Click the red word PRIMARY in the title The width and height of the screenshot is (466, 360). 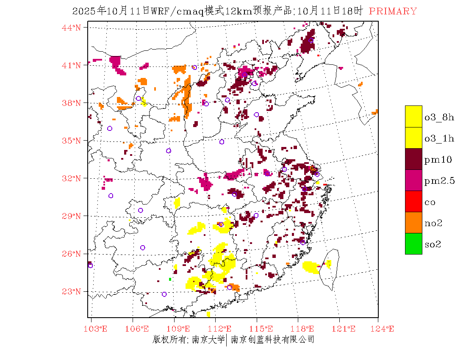(x=393, y=11)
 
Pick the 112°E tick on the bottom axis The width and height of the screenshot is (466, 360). (x=222, y=329)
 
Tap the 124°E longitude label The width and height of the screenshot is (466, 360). (x=384, y=329)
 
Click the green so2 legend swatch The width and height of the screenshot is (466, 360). (x=413, y=244)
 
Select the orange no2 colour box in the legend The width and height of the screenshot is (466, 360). (x=413, y=222)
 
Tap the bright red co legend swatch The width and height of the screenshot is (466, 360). (x=413, y=201)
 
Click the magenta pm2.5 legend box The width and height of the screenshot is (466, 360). (x=413, y=180)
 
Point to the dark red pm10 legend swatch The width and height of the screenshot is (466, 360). (x=413, y=159)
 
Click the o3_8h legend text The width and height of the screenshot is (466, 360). (x=439, y=117)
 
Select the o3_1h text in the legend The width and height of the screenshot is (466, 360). (x=439, y=138)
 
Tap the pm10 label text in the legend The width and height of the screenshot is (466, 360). (x=438, y=160)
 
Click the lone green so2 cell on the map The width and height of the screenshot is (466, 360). (x=170, y=279)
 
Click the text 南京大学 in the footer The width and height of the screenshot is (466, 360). (x=208, y=339)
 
